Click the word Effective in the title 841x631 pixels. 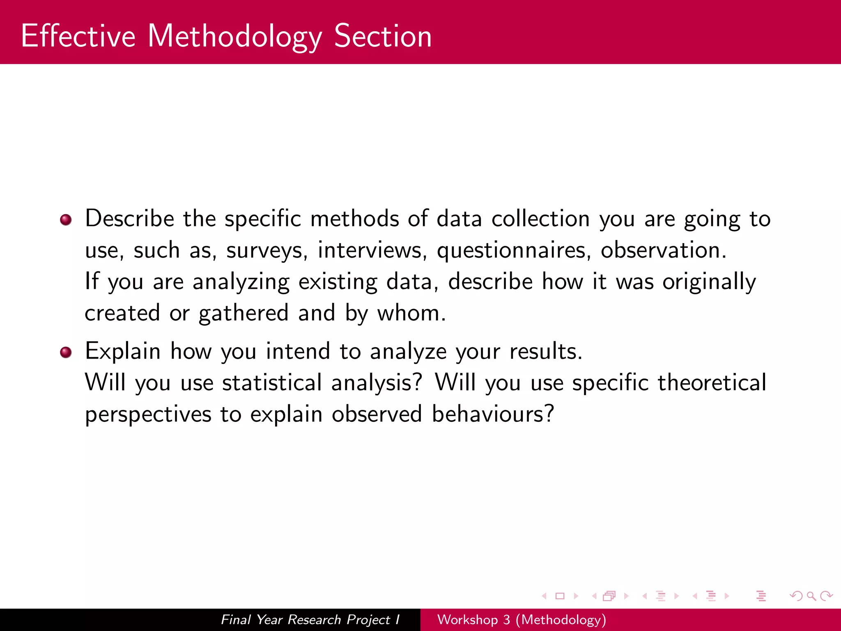click(78, 36)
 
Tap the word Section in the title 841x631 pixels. click(383, 36)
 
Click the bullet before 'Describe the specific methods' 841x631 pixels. click(66, 220)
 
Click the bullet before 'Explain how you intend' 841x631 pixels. click(66, 352)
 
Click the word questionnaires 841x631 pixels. click(514, 251)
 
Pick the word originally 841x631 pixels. click(709, 282)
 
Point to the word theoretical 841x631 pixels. click(712, 382)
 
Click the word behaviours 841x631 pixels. click(492, 414)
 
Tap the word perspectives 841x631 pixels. click(148, 415)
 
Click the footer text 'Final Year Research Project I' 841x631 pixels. click(310, 619)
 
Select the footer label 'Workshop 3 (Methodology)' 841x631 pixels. click(522, 619)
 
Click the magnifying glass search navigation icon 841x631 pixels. click(811, 596)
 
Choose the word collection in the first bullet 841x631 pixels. click(540, 219)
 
